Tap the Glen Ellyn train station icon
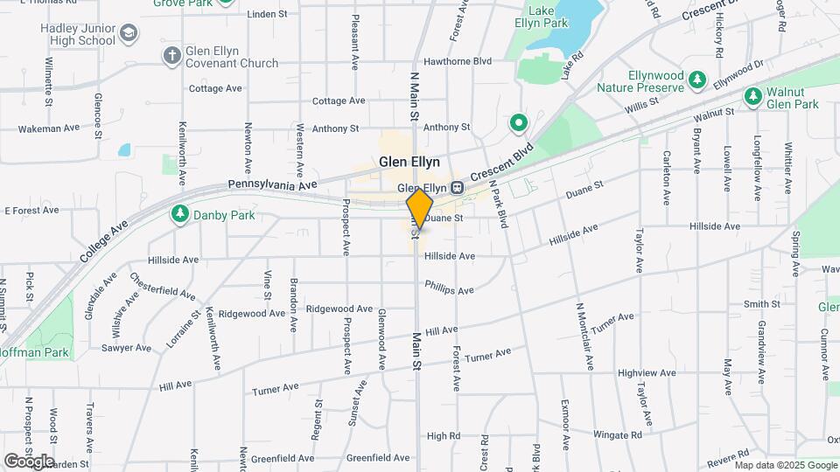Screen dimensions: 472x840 [457, 188]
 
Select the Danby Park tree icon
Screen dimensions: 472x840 [180, 214]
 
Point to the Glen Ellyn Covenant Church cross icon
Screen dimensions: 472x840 [172, 56]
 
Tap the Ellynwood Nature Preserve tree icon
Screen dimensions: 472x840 [696, 80]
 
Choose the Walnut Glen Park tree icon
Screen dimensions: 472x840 [752, 95]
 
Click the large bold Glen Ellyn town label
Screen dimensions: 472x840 [409, 162]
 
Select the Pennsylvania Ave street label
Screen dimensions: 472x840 [271, 185]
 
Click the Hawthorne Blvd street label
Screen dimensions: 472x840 [458, 61]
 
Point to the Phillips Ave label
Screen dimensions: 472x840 [449, 287]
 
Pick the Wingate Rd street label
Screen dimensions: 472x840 [618, 434]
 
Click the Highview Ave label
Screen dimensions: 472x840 [648, 372]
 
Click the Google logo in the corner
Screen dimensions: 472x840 [29, 461]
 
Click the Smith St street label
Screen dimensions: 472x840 [761, 304]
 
